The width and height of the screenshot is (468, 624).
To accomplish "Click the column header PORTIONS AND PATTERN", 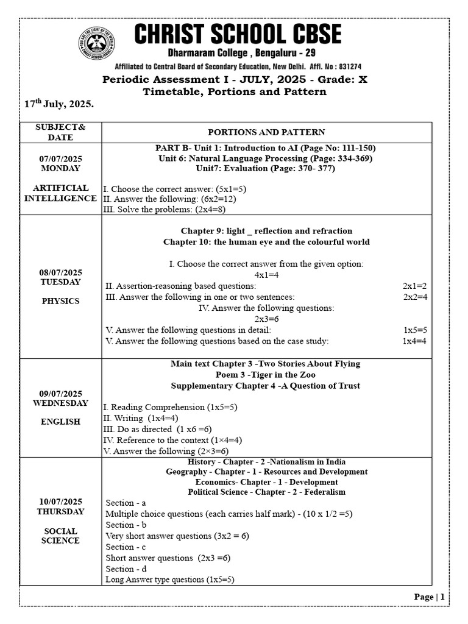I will coord(266,132).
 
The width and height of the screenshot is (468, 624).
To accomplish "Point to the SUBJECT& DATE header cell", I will coord(60,132).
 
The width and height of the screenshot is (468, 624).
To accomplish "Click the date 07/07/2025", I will coord(60,158).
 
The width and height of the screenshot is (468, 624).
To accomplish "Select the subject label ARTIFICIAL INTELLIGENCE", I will coord(60,193).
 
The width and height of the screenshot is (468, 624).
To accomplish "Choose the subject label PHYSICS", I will coord(60,301).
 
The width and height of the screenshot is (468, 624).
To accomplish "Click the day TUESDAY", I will coord(60,282).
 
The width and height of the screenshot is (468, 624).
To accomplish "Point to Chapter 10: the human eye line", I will coord(266,242).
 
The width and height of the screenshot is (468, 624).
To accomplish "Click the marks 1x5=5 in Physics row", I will coord(415,330).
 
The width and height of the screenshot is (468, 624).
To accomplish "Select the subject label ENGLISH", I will coord(60,422).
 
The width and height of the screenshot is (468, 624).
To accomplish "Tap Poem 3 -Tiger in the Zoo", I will coord(265,375).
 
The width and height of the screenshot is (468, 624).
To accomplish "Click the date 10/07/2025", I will coord(60,501).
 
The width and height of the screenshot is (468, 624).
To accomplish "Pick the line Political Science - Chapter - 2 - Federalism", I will coord(266,492).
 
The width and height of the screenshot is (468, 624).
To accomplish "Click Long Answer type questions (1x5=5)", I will coord(170,580).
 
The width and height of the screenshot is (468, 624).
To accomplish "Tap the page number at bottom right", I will coord(430,597).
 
